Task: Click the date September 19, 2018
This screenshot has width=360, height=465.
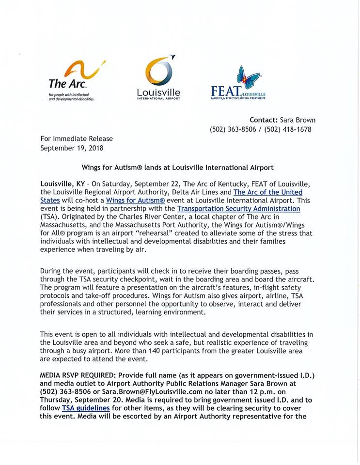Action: pyautogui.click(x=72, y=148)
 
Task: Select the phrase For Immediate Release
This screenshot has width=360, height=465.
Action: pyautogui.click(x=77, y=139)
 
